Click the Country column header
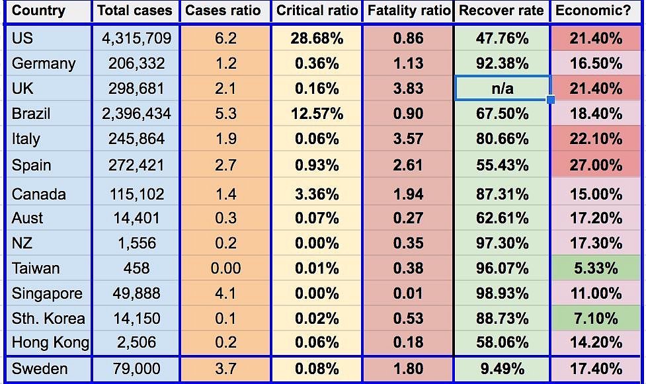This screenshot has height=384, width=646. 38,11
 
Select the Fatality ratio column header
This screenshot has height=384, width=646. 408,11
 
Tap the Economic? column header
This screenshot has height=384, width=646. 596,11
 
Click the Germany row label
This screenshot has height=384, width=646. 44,63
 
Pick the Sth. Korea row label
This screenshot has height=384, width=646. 48,319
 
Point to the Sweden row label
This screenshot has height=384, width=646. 40,368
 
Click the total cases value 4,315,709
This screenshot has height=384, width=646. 136,38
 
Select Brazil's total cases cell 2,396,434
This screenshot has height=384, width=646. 136,114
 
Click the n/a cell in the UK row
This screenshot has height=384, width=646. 502,89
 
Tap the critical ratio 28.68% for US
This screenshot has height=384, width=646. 317,38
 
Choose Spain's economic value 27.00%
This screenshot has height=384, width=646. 596,165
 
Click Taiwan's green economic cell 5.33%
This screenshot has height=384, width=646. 596,268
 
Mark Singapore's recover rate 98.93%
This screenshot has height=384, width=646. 502,293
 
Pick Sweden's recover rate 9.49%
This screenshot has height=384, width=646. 502,368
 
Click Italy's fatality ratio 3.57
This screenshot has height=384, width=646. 408,139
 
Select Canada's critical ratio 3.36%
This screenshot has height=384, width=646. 317,194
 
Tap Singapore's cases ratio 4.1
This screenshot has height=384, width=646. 225,293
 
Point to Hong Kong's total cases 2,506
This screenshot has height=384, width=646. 136,342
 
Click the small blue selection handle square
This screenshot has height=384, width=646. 551,100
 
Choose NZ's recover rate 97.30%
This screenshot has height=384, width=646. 502,243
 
